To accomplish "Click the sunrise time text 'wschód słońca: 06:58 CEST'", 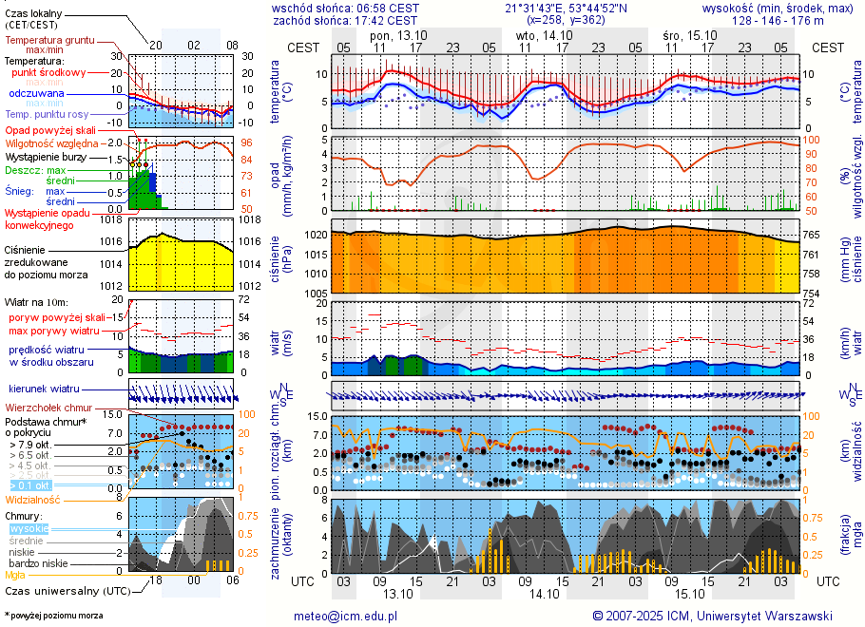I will coord(344,8).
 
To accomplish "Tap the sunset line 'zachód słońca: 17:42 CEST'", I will coord(344,19).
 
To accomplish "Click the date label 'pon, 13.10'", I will coord(398,35).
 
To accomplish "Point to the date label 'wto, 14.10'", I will coord(544,35).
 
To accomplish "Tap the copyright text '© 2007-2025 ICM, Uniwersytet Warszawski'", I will coord(712,616).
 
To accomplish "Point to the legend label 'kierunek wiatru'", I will coord(44,389).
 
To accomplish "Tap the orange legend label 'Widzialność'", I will coord(32,499).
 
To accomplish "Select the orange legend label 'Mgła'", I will coord(15,575).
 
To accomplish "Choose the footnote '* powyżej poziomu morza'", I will coord(53,616).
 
